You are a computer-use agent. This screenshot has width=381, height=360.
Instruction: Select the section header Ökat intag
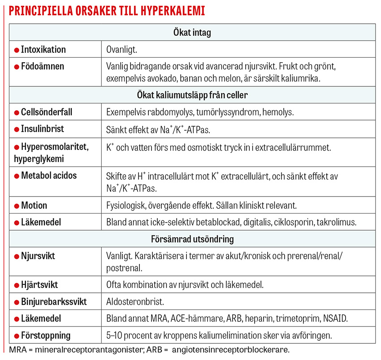coord(192,33)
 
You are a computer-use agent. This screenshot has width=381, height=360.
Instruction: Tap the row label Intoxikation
coord(43,49)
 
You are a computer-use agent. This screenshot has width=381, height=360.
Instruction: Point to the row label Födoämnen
coord(42,66)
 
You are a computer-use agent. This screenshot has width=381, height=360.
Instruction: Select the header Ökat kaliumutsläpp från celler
coord(192,95)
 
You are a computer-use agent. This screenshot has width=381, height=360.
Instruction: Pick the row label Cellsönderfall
coord(47,112)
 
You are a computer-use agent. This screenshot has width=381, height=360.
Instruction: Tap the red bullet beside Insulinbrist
coord(17,129)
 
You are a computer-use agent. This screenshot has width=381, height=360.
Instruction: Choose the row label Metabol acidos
coord(49,176)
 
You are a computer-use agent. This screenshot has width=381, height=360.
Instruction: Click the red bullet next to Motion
coord(17,206)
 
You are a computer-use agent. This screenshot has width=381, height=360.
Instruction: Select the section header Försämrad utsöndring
coord(192,239)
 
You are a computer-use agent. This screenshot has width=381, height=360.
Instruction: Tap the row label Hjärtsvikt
coord(39,285)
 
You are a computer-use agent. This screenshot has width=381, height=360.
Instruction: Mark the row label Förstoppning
coord(46,335)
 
